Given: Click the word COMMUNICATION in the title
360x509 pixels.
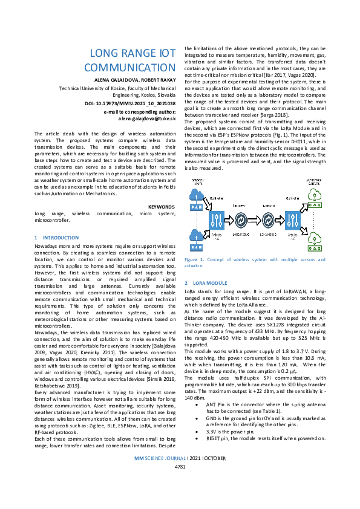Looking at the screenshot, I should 129,67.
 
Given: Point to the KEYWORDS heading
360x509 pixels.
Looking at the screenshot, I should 162,206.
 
